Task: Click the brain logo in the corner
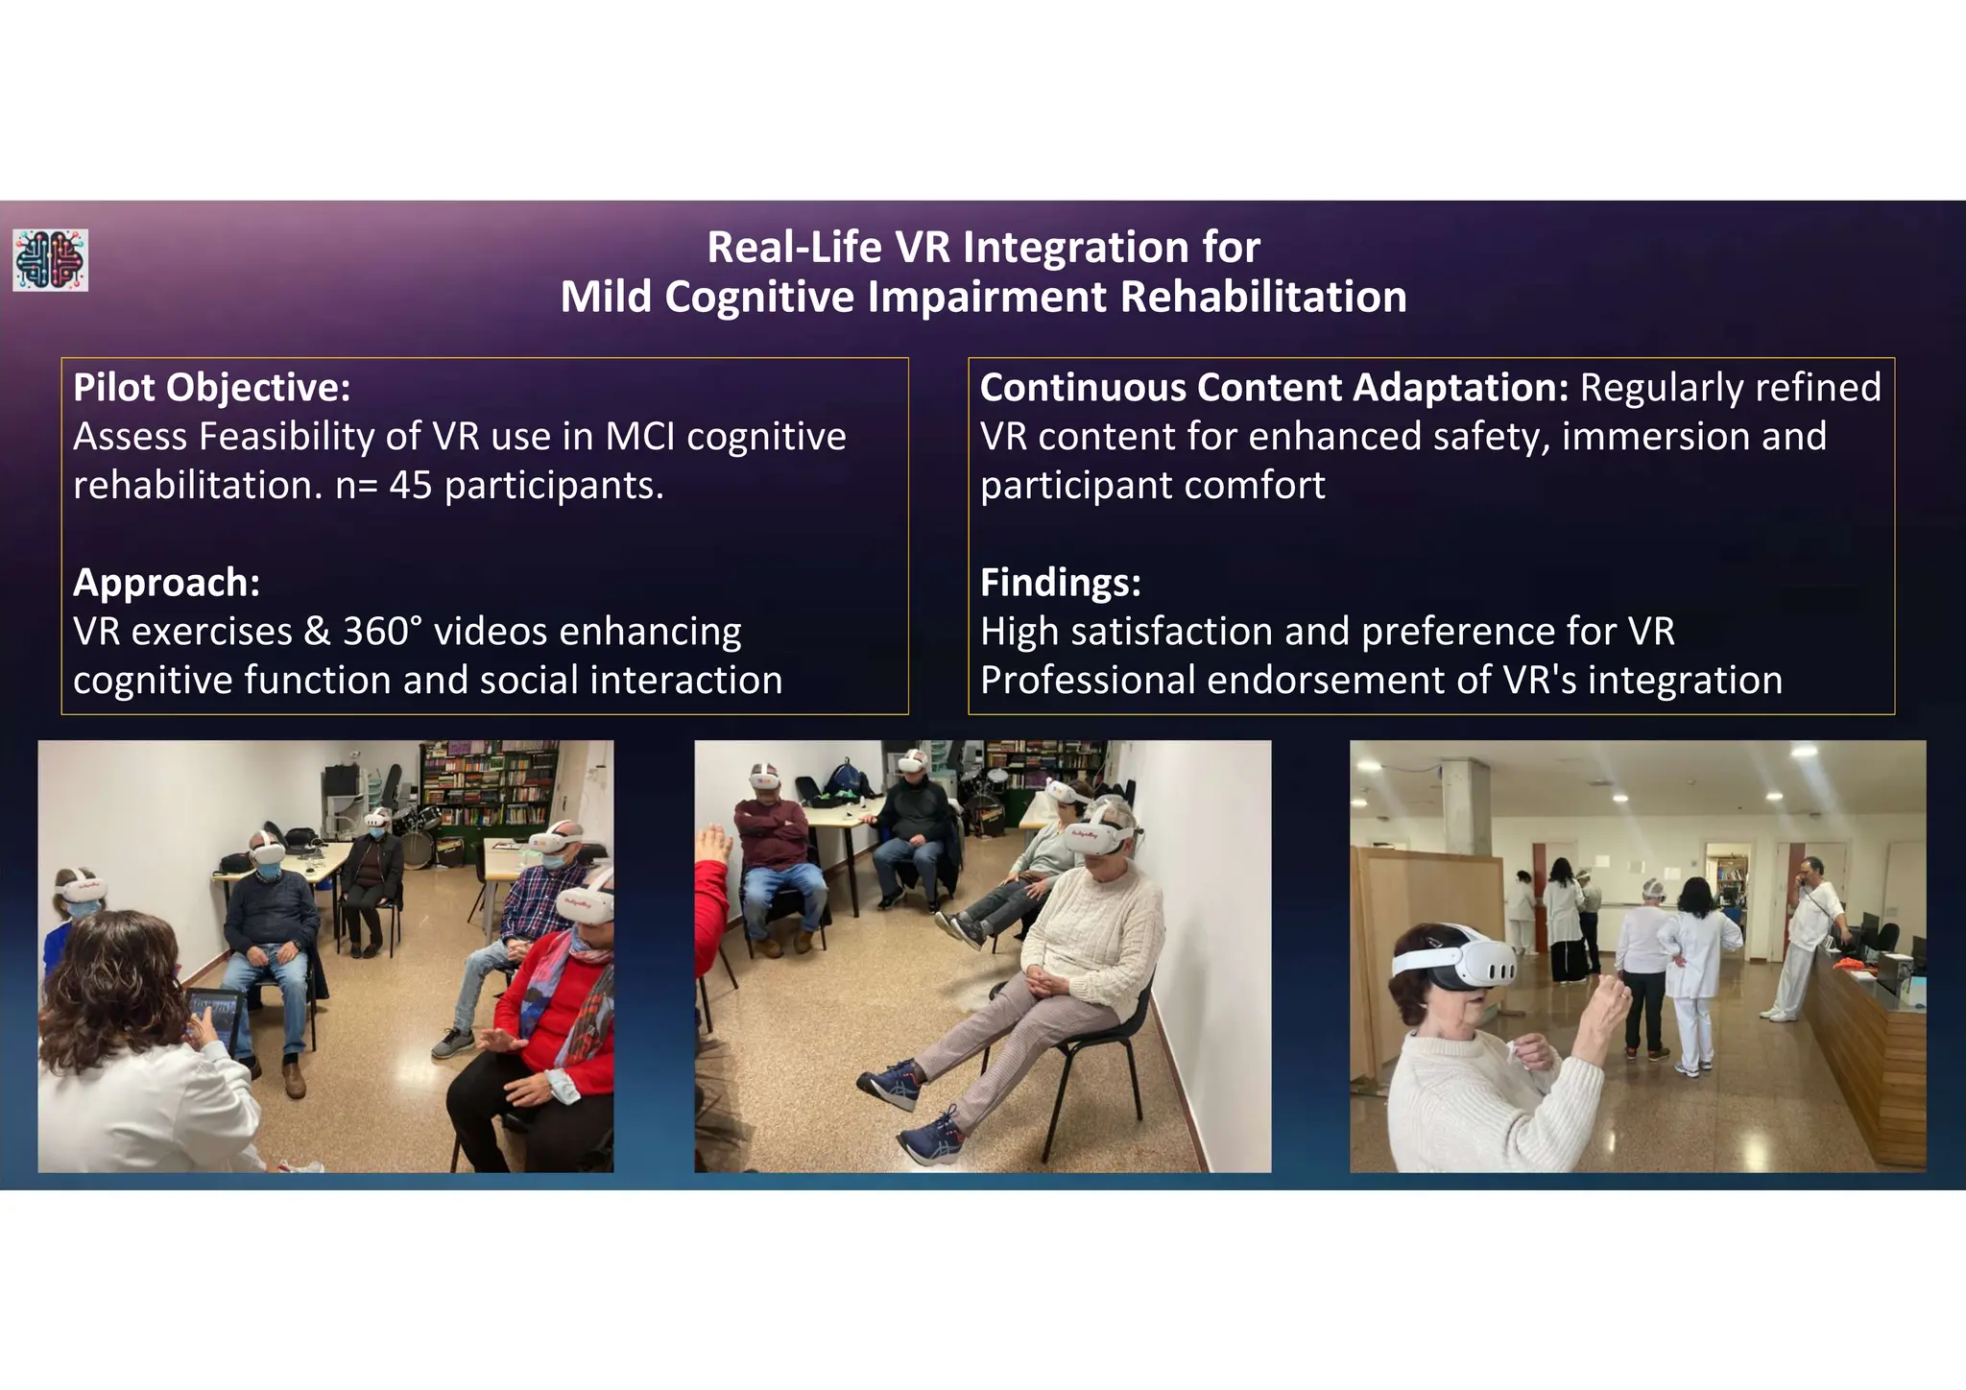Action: click(50, 260)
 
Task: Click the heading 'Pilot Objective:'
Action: click(211, 388)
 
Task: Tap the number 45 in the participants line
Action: click(411, 486)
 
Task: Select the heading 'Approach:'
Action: click(166, 583)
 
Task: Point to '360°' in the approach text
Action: click(381, 632)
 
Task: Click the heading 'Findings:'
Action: click(1060, 583)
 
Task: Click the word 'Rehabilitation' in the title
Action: click(1262, 297)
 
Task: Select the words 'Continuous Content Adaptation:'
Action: click(1273, 388)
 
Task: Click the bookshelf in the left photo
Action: click(490, 782)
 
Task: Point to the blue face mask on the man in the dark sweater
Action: click(268, 871)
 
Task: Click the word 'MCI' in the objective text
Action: click(641, 438)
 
